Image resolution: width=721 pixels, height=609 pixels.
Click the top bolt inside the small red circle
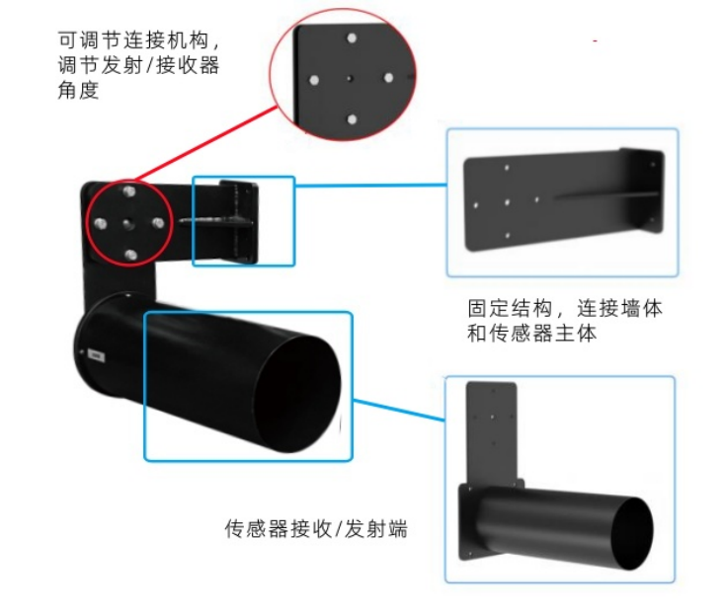coord(128,190)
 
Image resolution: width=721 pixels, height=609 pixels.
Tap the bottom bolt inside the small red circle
coord(130,255)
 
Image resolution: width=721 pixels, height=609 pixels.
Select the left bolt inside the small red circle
coord(99,222)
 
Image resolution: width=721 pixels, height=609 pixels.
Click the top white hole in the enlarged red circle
coord(352,38)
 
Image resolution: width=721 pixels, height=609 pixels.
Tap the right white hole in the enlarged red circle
coord(390,77)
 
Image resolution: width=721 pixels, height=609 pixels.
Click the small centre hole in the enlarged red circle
coord(352,78)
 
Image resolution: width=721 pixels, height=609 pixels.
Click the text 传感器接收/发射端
coord(316,529)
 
